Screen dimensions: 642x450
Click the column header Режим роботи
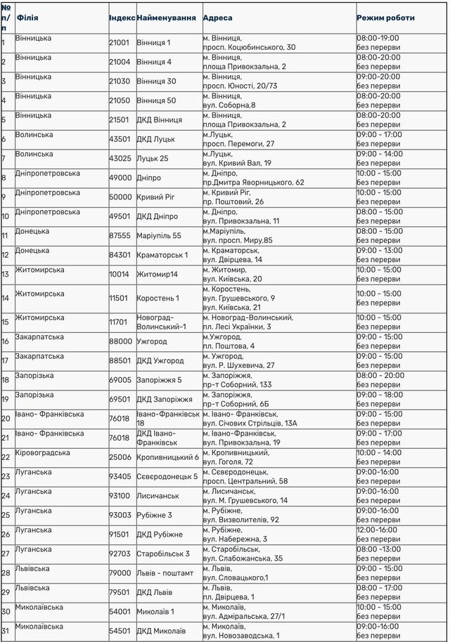coord(385,18)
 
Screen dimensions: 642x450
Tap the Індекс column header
coord(122,18)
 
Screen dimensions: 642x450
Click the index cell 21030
coord(120,81)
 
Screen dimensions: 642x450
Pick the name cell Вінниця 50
coord(156,101)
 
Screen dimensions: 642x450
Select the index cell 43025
coord(120,159)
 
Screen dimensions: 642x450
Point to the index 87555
coord(120,236)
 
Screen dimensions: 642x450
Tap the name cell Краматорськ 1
coord(162,255)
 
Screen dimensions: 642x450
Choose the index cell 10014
coord(120,275)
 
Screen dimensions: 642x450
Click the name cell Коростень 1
coord(158,299)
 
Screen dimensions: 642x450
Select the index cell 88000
coord(120,342)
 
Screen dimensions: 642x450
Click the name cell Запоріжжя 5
coord(159,381)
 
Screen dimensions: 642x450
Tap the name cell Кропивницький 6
coord(167,458)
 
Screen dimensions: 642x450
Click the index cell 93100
coord(120,497)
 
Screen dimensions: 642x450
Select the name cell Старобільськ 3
coord(163,554)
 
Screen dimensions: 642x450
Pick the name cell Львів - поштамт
coord(165,573)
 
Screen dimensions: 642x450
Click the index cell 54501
coord(120,631)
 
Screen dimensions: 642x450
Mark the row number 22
coord(6,458)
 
